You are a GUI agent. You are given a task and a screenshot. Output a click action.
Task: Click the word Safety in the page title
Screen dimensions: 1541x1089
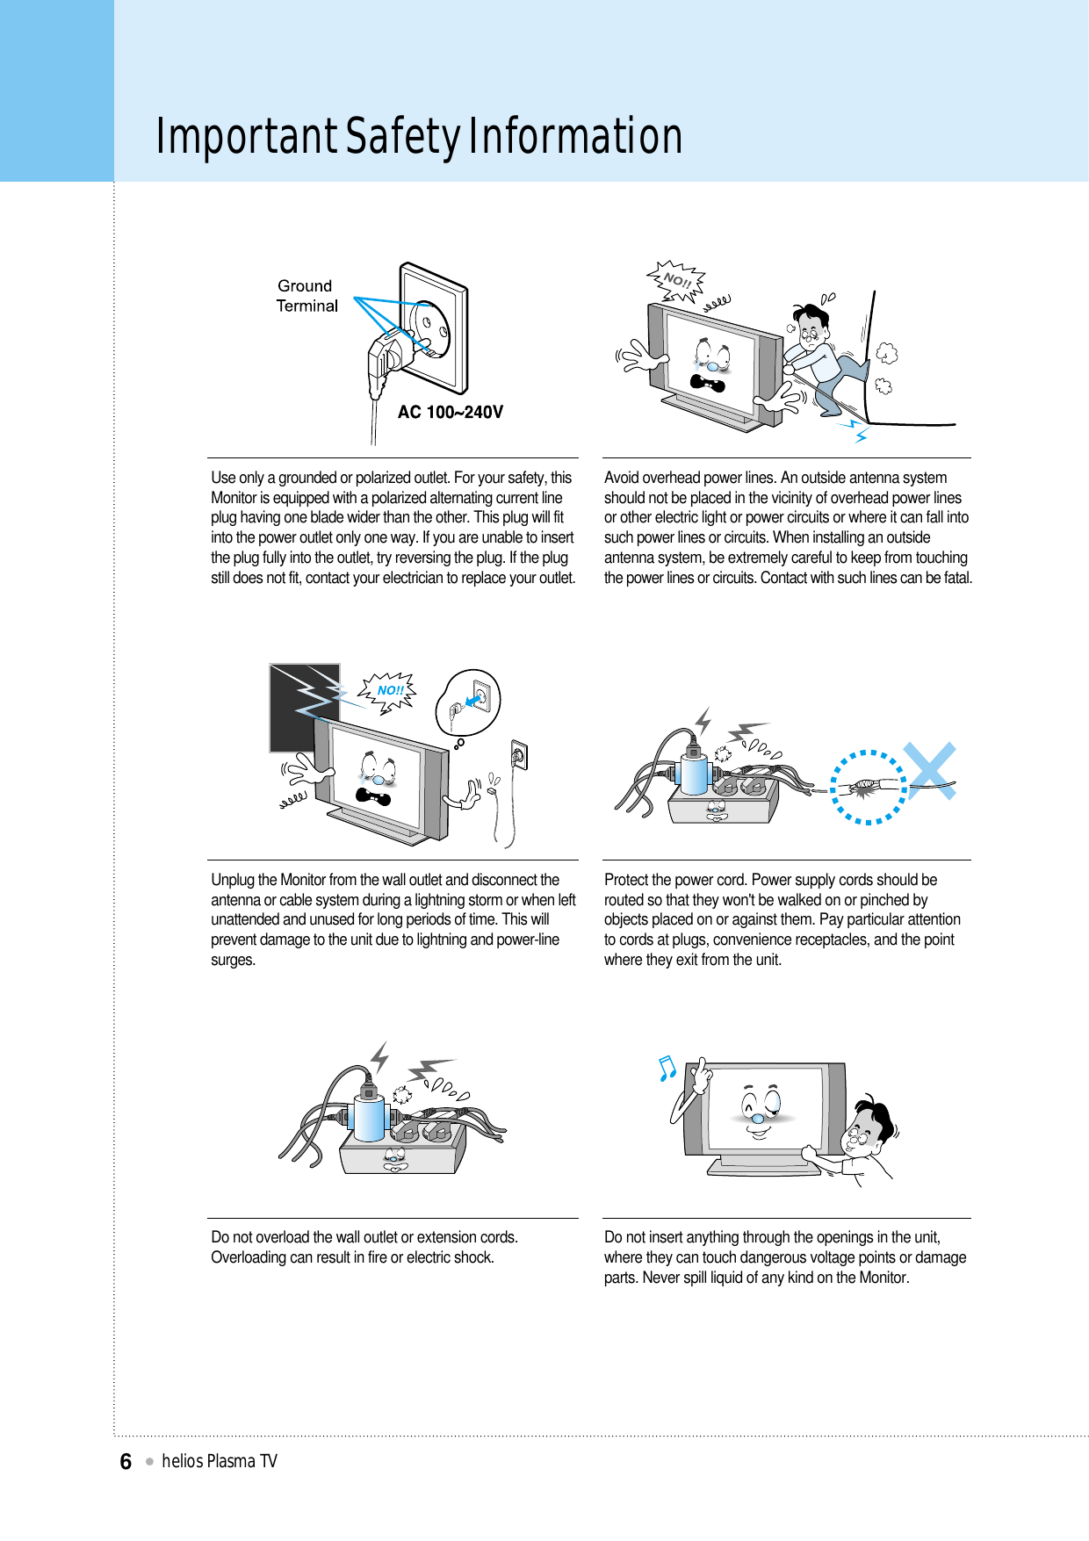tap(402, 137)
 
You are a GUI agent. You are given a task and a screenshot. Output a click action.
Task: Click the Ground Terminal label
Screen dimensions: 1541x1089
tap(307, 296)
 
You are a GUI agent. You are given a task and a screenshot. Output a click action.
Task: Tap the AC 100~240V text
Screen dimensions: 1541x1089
tap(450, 412)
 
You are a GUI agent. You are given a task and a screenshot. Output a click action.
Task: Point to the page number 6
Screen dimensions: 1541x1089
tap(126, 1461)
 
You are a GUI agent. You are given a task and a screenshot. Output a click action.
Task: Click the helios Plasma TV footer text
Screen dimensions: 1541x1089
tap(220, 1461)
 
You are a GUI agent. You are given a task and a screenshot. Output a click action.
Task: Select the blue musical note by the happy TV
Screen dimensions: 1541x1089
tap(667, 1068)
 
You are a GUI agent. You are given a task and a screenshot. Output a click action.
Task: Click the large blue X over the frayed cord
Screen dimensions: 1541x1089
tap(930, 771)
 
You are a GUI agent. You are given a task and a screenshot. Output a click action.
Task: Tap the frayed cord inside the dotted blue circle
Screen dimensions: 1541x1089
tap(865, 787)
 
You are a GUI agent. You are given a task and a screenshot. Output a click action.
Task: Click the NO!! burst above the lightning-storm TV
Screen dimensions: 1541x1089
tap(389, 691)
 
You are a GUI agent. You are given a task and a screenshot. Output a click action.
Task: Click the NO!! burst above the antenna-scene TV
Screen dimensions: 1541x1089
tap(676, 280)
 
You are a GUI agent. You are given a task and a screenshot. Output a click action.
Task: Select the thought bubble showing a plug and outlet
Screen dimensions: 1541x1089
tap(469, 702)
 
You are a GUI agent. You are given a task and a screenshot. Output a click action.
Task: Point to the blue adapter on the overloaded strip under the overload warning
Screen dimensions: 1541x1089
tap(368, 1119)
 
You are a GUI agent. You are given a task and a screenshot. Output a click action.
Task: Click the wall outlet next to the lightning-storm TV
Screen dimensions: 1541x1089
tap(519, 754)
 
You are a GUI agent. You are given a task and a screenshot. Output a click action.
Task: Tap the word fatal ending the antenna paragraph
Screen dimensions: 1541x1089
tap(956, 578)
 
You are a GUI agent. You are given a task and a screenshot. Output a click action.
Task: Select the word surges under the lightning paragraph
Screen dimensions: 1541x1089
tap(233, 960)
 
